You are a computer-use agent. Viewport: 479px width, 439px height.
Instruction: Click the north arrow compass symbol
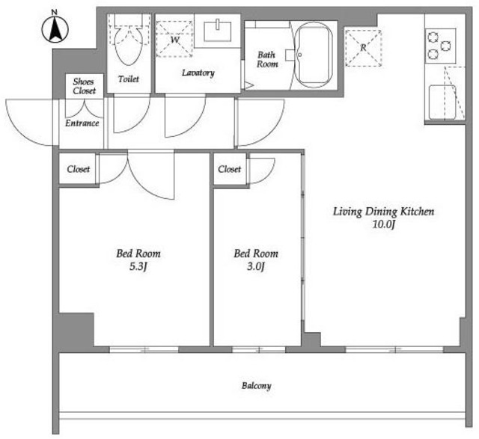click(55, 29)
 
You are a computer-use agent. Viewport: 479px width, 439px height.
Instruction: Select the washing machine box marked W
click(174, 39)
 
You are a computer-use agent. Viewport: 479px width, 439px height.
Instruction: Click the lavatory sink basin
click(218, 31)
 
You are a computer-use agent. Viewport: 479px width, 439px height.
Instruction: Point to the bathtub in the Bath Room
click(314, 55)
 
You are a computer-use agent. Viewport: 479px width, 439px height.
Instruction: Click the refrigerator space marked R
click(363, 48)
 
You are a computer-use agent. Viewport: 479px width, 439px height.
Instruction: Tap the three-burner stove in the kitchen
click(441, 46)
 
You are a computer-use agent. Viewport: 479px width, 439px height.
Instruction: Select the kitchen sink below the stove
click(442, 102)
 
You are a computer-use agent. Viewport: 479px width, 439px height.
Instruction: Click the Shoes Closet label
click(84, 86)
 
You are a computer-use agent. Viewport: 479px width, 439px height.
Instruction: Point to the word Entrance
click(82, 123)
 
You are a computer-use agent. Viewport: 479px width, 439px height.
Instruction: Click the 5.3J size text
click(138, 266)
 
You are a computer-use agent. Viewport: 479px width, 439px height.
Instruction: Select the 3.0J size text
click(256, 266)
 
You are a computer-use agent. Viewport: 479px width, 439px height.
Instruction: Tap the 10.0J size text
click(384, 224)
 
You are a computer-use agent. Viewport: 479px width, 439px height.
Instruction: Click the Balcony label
click(256, 386)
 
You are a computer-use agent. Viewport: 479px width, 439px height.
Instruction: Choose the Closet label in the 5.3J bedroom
click(78, 169)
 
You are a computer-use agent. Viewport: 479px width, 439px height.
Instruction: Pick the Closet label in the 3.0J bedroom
click(230, 169)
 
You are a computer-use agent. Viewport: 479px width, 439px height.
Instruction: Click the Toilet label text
click(129, 79)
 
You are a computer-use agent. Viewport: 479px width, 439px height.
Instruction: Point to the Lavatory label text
click(198, 73)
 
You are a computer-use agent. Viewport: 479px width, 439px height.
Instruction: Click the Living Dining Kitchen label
click(383, 211)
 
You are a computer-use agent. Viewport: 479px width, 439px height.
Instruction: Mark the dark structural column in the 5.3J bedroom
click(76, 330)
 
